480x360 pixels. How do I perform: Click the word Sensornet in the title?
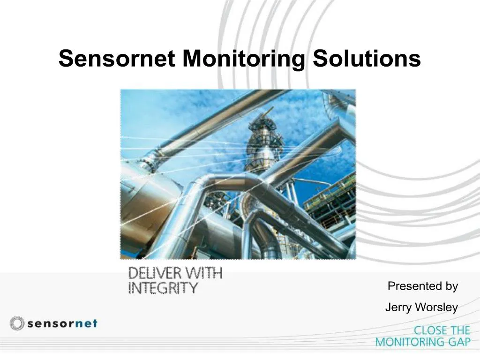pyautogui.click(x=117, y=59)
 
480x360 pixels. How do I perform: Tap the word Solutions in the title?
pyautogui.click(x=367, y=59)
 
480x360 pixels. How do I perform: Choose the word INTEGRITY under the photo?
pyautogui.click(x=163, y=287)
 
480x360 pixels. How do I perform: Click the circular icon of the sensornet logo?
pyautogui.click(x=17, y=323)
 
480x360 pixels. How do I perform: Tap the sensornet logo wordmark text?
pyautogui.click(x=61, y=323)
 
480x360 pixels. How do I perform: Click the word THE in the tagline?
pyautogui.click(x=458, y=330)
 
